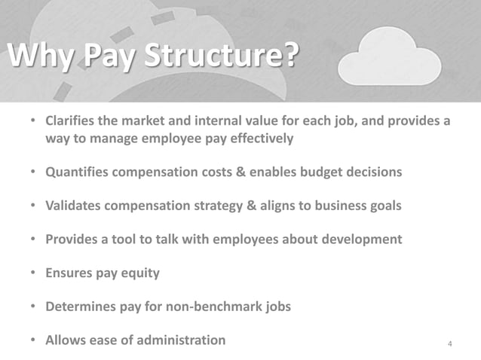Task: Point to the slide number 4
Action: point(450,345)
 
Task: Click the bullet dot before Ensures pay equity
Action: point(34,273)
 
